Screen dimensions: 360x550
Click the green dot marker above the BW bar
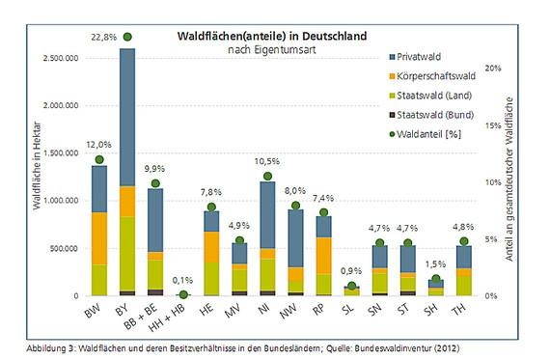coord(98,159)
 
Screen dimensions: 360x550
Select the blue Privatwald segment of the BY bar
coord(126,116)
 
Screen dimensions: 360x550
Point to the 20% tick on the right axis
coord(492,69)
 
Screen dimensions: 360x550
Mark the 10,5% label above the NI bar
coord(266,162)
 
